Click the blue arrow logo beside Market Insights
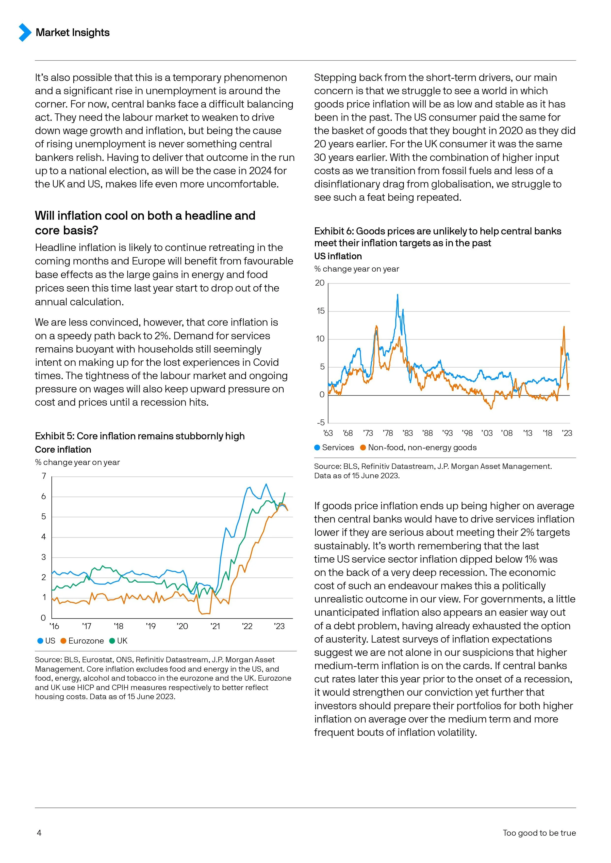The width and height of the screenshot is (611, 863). [25, 32]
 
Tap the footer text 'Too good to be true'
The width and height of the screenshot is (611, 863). [539, 832]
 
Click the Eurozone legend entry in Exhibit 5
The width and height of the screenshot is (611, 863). [82, 640]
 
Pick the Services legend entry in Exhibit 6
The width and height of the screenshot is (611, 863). [334, 447]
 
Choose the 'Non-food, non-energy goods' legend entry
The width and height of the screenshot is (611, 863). [418, 447]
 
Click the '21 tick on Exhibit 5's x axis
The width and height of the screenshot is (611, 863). [215, 626]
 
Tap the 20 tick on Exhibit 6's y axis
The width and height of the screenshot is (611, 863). [320, 283]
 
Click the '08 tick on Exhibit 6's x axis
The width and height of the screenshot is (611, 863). [507, 433]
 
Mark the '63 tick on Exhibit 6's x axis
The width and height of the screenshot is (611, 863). [328, 433]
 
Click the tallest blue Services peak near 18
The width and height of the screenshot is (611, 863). [398, 295]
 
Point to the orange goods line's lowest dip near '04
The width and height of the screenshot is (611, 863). [491, 409]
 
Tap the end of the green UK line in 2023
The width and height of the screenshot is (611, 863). [285, 493]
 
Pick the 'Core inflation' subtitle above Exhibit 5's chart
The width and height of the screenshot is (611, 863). [63, 449]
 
